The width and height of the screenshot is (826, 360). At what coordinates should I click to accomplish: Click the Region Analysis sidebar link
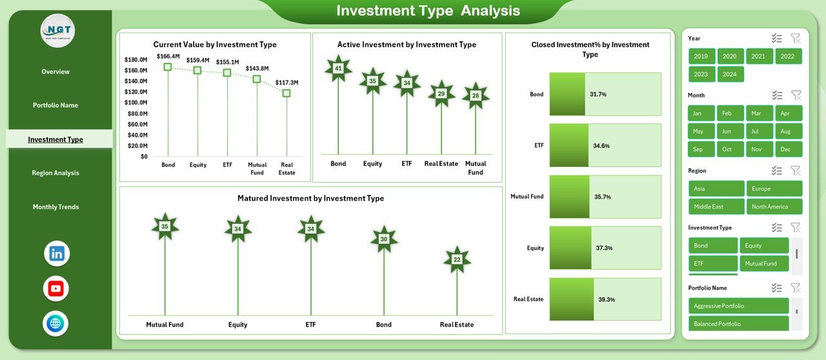(x=55, y=173)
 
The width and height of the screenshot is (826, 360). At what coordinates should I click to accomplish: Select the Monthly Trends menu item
(x=55, y=207)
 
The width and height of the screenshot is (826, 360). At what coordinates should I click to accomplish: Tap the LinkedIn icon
(x=56, y=254)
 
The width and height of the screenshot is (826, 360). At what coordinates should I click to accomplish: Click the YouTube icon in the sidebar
(x=56, y=288)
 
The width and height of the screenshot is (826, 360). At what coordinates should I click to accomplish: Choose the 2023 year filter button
(x=701, y=74)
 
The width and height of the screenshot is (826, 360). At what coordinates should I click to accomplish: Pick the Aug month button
(x=785, y=132)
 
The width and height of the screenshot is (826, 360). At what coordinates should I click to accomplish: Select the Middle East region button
(x=716, y=207)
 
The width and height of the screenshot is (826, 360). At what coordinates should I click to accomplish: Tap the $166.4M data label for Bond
(x=168, y=56)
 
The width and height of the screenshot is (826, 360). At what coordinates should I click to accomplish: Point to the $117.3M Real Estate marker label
(x=287, y=83)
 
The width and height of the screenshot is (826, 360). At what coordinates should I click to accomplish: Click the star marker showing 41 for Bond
(x=338, y=68)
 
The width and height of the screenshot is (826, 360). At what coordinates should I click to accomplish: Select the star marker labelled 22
(x=457, y=259)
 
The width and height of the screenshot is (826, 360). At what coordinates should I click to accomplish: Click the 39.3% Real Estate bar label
(x=606, y=299)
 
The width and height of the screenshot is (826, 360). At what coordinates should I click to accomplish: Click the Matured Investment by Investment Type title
(x=310, y=199)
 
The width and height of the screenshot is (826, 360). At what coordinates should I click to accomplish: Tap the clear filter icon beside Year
(x=796, y=39)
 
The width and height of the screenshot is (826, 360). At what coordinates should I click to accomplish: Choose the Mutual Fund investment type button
(x=767, y=263)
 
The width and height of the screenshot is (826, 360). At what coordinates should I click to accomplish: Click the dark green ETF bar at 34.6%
(x=569, y=146)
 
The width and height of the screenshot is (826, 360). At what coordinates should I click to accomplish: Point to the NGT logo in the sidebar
(x=57, y=30)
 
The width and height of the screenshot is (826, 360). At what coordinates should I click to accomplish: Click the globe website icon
(x=56, y=323)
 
